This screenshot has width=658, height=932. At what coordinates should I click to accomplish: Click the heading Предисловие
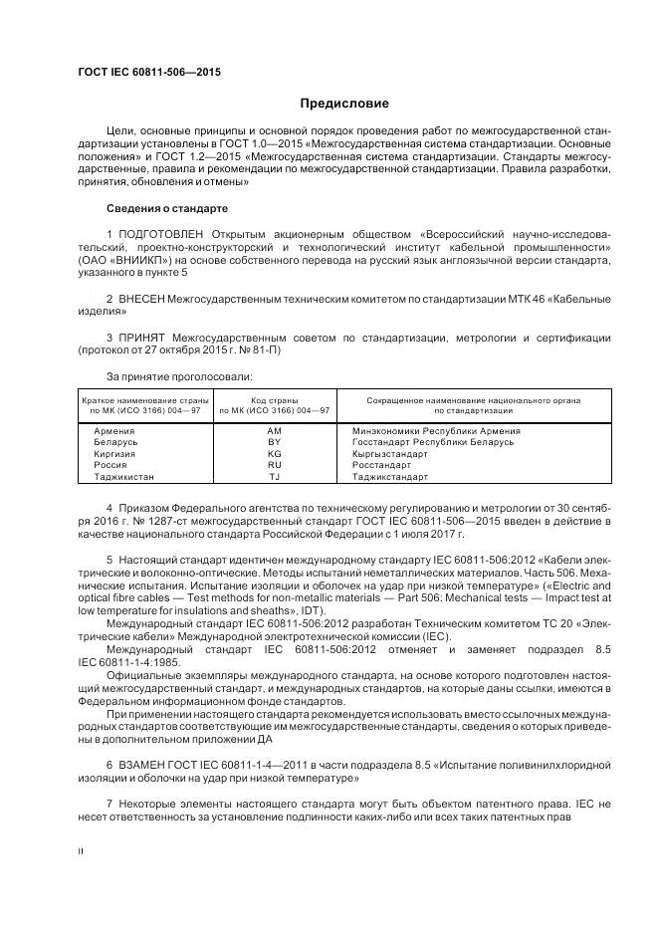point(344,104)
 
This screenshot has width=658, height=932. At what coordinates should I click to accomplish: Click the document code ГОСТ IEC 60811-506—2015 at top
point(148,73)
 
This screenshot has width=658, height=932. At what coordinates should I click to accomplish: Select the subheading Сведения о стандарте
point(167,209)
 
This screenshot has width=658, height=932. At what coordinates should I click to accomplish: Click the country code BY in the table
point(275,442)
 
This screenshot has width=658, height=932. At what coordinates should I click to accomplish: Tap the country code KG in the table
point(275,454)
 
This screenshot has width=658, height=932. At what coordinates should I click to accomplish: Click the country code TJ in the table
point(275,477)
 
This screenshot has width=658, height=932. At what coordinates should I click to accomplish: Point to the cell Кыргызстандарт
point(389,454)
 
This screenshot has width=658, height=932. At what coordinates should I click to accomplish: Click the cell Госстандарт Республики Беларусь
point(433,442)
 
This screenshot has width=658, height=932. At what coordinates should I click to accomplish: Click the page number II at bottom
point(82,852)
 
